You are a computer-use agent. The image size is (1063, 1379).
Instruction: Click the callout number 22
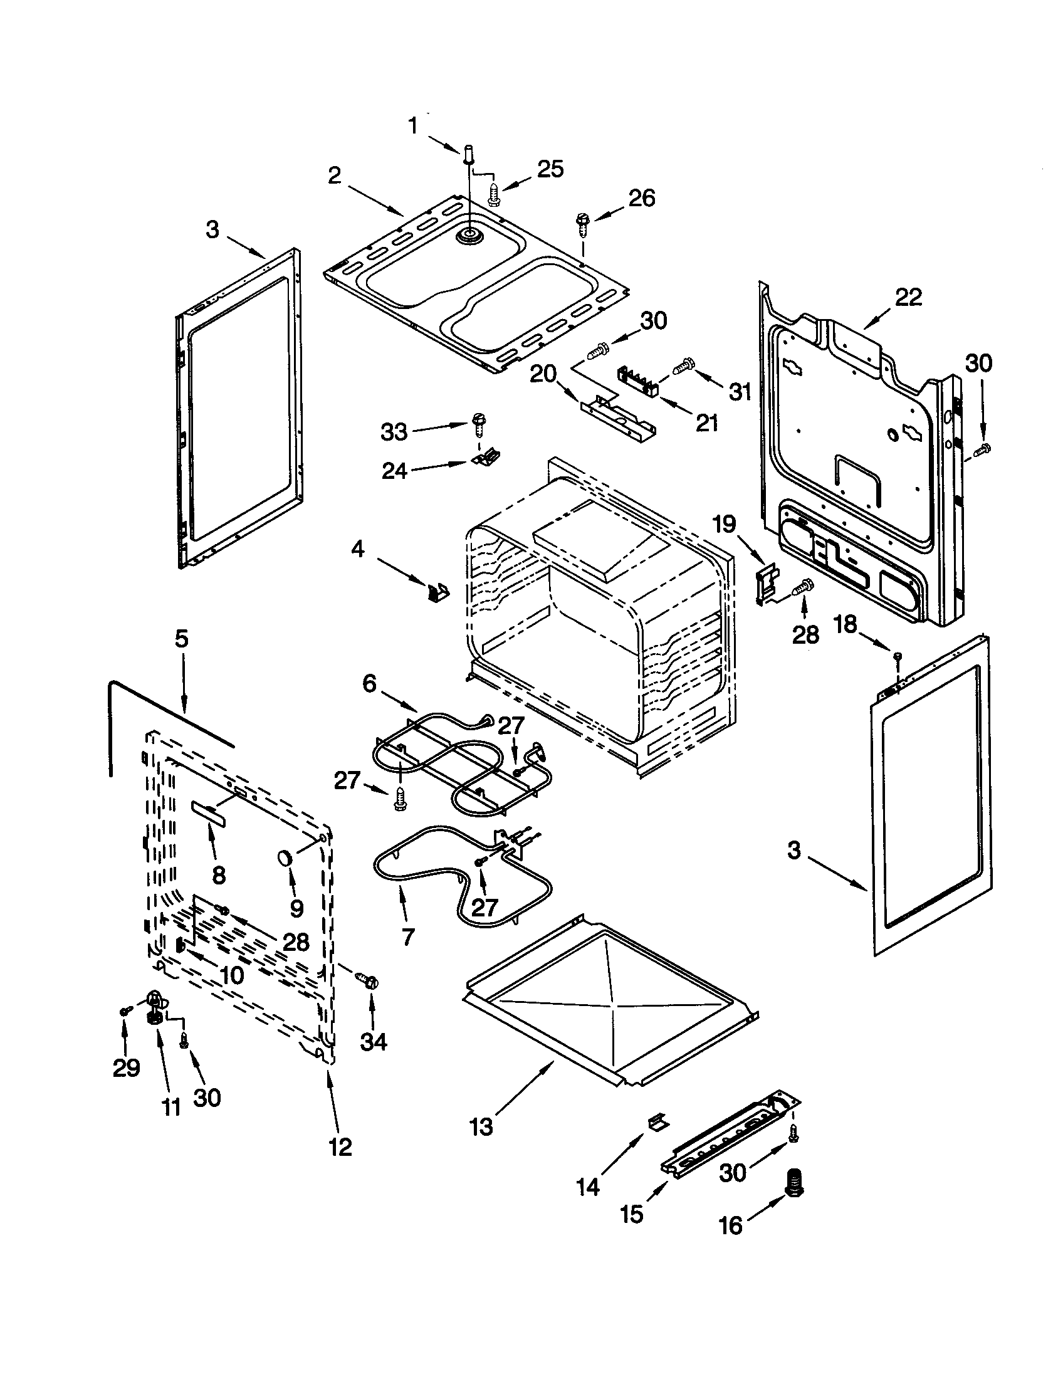click(x=908, y=296)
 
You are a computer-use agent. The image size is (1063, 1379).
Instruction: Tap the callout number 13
click(x=481, y=1126)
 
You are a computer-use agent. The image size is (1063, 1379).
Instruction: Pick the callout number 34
click(x=373, y=1041)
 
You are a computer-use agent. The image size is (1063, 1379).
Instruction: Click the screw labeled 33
click(x=478, y=423)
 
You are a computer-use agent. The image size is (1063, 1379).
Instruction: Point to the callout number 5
click(x=181, y=639)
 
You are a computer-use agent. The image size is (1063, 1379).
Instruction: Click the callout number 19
click(x=725, y=523)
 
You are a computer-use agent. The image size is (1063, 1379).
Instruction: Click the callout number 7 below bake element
click(x=409, y=937)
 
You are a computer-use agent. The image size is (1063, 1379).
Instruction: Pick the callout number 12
click(x=340, y=1146)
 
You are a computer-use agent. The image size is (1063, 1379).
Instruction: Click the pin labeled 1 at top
click(x=468, y=154)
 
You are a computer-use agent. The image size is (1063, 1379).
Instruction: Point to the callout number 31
click(x=740, y=392)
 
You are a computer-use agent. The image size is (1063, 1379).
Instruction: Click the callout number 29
click(x=125, y=1067)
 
